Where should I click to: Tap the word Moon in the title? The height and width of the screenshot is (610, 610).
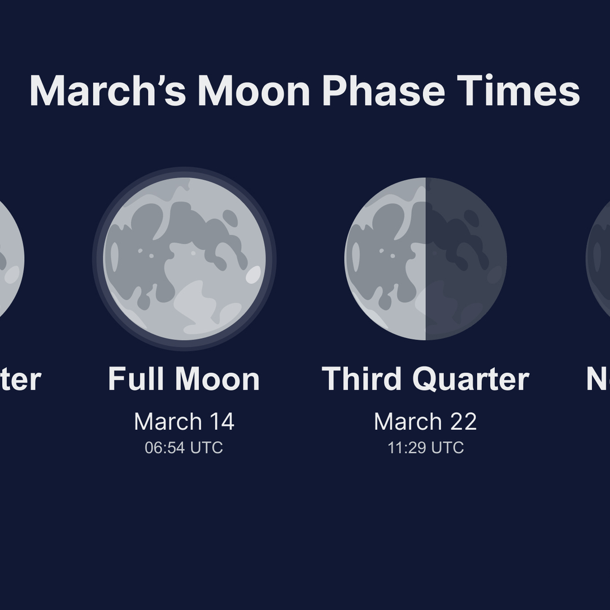pos(254,90)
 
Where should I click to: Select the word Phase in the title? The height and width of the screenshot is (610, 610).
pos(384,90)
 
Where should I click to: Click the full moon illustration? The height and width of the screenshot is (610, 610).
pos(184,259)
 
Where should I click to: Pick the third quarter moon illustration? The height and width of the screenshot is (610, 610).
pos(425,259)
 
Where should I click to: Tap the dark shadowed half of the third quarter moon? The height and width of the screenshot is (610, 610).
pos(466,259)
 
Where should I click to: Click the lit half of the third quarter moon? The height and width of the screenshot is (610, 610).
pos(385,259)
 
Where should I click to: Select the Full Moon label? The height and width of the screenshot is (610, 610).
pos(184,379)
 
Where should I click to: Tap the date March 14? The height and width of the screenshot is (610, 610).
pos(184,421)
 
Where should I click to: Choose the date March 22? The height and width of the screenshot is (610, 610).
pos(425,421)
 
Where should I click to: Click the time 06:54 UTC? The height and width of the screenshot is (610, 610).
pos(184,448)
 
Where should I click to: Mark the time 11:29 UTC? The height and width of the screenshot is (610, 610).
pos(425,448)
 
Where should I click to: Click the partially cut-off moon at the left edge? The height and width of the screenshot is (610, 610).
pos(10,259)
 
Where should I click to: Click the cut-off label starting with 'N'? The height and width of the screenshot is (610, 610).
pos(598,379)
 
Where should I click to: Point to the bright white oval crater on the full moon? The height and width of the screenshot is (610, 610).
pos(254,274)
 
